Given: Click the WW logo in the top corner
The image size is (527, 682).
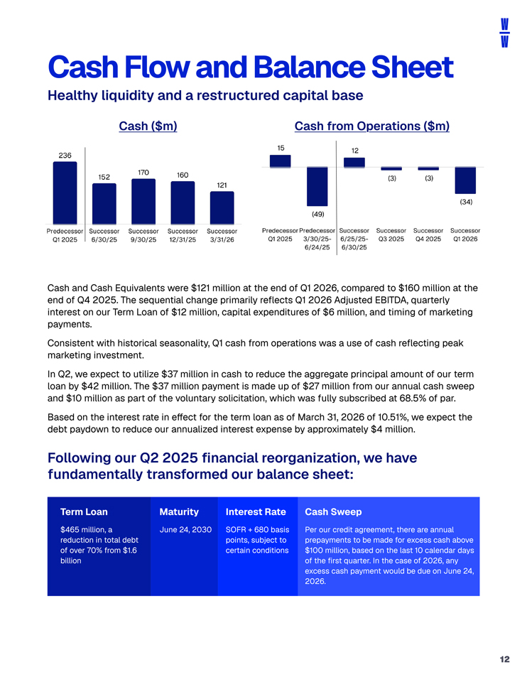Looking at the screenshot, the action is point(504,33).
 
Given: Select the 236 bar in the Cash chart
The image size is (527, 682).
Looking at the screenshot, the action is point(65,193).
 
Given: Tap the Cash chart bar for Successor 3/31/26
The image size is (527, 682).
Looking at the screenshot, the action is point(222,208).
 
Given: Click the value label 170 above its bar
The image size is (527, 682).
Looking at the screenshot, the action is point(143,173).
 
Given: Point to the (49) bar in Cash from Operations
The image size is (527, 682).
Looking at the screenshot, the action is point(317,187).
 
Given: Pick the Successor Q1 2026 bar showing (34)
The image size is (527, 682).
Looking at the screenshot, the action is point(465,180).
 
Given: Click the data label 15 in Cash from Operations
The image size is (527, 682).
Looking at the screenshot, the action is point(281,148).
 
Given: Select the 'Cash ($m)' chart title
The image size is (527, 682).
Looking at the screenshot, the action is point(148,126).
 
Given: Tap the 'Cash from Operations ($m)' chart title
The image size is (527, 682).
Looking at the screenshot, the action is point(371,126).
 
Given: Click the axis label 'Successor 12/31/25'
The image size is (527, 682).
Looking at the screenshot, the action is point(183,235).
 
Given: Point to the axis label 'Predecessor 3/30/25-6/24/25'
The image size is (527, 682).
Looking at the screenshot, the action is point(317,239).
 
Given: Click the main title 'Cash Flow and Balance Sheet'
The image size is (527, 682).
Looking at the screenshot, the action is point(251,67).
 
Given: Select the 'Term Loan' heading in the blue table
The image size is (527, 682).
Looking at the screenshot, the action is point(84,512).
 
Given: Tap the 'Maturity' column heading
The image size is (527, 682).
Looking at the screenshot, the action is point(179,512).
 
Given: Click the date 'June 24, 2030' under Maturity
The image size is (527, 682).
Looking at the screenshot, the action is point(185,530).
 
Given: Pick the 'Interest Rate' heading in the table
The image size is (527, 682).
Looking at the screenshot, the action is point(256,512).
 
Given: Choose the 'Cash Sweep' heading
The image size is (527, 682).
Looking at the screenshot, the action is point(333,512).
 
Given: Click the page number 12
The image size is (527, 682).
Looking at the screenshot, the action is point(504,659).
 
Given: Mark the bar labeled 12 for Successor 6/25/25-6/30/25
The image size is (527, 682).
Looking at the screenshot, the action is point(354,163).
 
